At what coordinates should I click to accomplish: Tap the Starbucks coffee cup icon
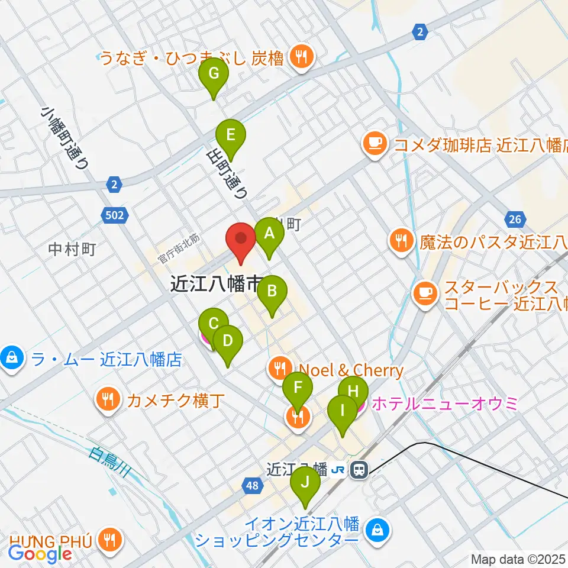(424, 292)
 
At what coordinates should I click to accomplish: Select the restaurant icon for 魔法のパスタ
(401, 240)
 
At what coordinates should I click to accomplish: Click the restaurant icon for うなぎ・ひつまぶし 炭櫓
(302, 57)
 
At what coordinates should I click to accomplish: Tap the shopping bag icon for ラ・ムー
(11, 358)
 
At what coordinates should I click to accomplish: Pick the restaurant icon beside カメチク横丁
(108, 399)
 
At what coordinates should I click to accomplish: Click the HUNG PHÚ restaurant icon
(109, 539)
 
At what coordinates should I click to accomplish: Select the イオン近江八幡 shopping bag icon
(377, 528)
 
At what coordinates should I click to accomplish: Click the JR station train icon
(358, 470)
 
